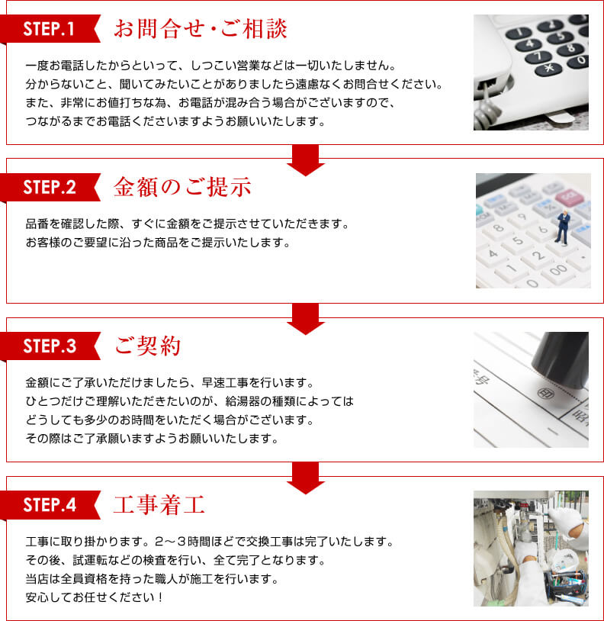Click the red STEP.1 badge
pyautogui.click(x=49, y=29)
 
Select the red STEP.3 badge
pyautogui.click(x=49, y=346)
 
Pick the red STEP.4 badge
pyautogui.click(x=49, y=504)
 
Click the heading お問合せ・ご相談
pyautogui.click(x=201, y=29)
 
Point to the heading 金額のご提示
pyautogui.click(x=182, y=187)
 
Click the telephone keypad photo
pyautogui.click(x=531, y=72)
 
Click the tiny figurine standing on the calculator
pyautogui.click(x=563, y=227)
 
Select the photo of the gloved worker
pyautogui.click(x=531, y=548)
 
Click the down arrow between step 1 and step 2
pyautogui.click(x=306, y=162)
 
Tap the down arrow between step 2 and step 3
pyautogui.click(x=306, y=320)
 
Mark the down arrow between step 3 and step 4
pyautogui.click(x=306, y=479)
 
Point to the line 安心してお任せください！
pyautogui.click(x=95, y=596)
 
